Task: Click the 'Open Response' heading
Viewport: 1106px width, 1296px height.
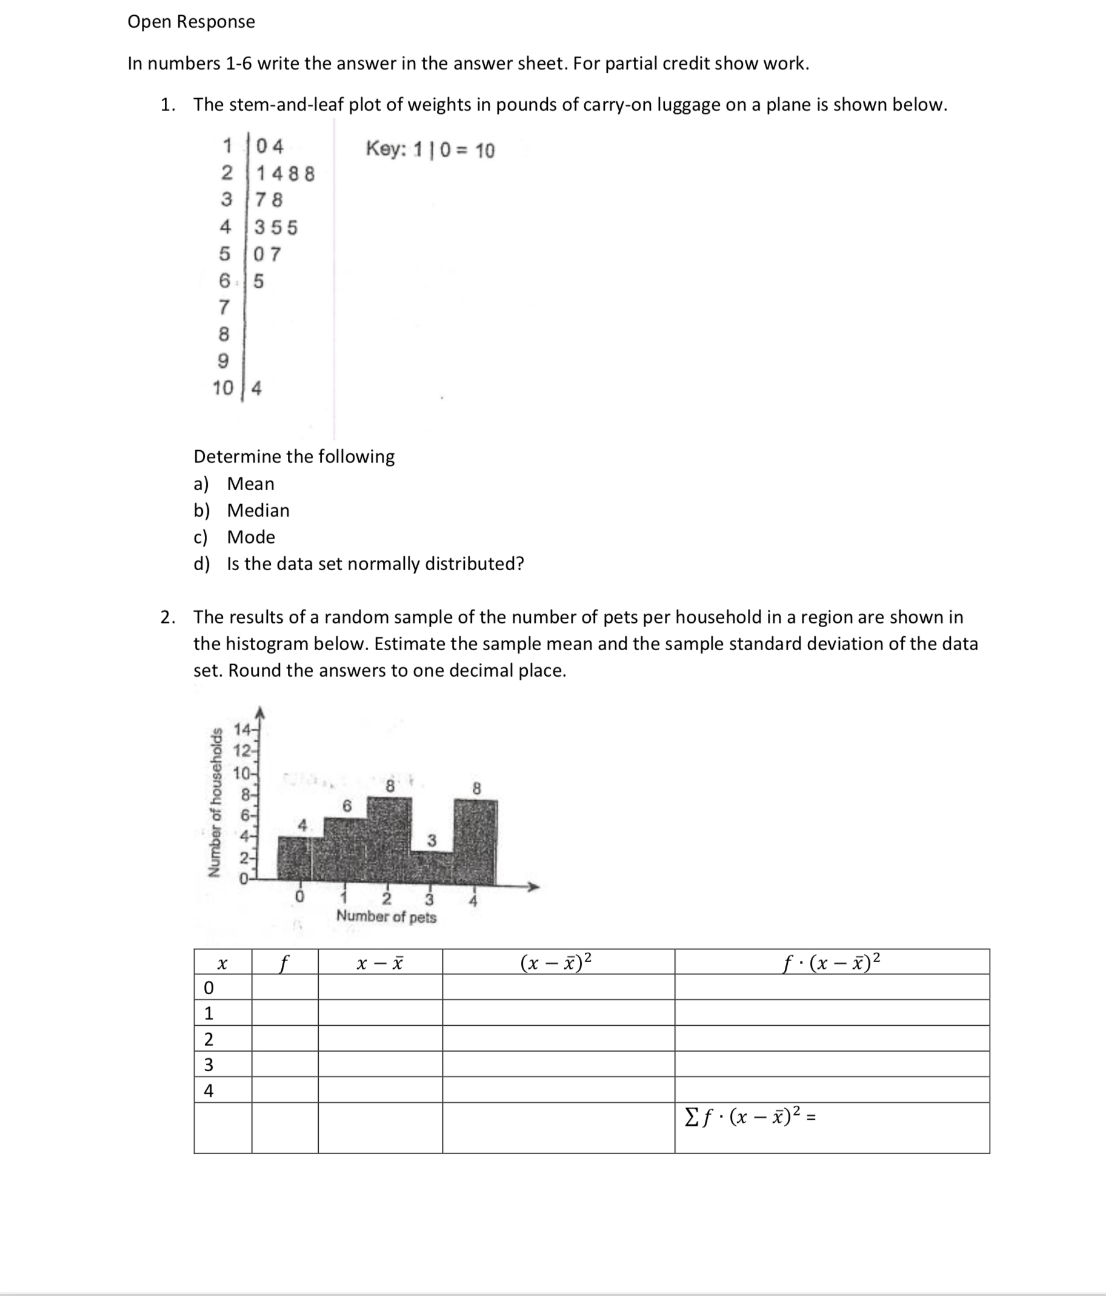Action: (x=191, y=22)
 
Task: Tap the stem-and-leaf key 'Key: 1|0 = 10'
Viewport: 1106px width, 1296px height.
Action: (x=430, y=150)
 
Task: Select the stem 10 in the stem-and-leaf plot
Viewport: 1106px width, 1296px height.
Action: (x=222, y=388)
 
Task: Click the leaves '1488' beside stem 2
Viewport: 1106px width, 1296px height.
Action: (x=285, y=173)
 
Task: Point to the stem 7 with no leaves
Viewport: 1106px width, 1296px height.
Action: (x=224, y=307)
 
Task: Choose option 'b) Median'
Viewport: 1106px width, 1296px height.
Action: (x=241, y=510)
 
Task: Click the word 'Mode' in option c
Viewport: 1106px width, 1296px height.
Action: (x=251, y=537)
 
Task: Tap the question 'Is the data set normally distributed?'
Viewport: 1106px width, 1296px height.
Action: (x=375, y=563)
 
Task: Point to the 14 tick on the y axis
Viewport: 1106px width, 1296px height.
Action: (x=241, y=729)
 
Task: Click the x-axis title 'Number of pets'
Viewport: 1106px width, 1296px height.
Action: (x=386, y=916)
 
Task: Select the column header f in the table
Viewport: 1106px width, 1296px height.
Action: (x=285, y=963)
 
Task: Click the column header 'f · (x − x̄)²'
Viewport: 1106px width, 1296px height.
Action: (x=831, y=962)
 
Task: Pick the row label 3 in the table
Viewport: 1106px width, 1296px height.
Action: (x=209, y=1064)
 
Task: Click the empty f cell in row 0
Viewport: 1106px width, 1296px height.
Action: (x=285, y=988)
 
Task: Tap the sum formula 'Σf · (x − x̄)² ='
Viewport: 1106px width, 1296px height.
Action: (x=749, y=1116)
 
